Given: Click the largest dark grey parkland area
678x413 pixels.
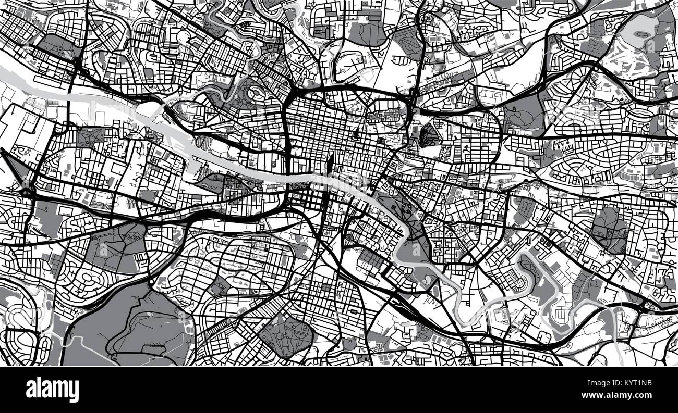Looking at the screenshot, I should pyautogui.click(x=130, y=328).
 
